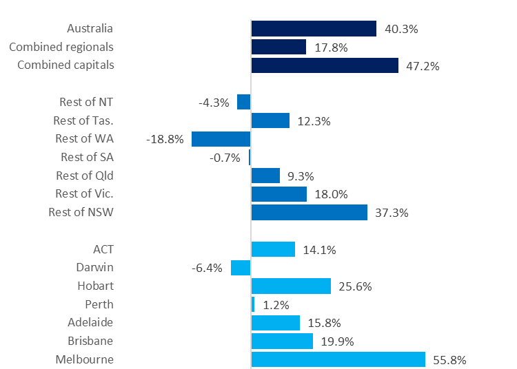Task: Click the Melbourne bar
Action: (x=338, y=359)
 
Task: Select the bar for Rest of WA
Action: (x=221, y=139)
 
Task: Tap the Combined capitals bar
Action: (x=325, y=65)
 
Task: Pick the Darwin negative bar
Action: (x=241, y=268)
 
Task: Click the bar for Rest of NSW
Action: (x=309, y=213)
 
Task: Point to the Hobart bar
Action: (x=291, y=286)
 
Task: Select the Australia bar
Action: (x=314, y=28)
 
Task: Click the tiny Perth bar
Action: (x=253, y=304)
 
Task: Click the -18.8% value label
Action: (x=165, y=139)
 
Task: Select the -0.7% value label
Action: (x=225, y=158)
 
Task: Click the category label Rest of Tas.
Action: (x=83, y=120)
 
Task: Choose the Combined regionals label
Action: (x=61, y=47)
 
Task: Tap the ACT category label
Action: (x=103, y=249)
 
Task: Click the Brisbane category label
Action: (x=90, y=341)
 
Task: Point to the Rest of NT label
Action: (x=86, y=102)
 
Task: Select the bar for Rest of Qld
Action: (x=265, y=176)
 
